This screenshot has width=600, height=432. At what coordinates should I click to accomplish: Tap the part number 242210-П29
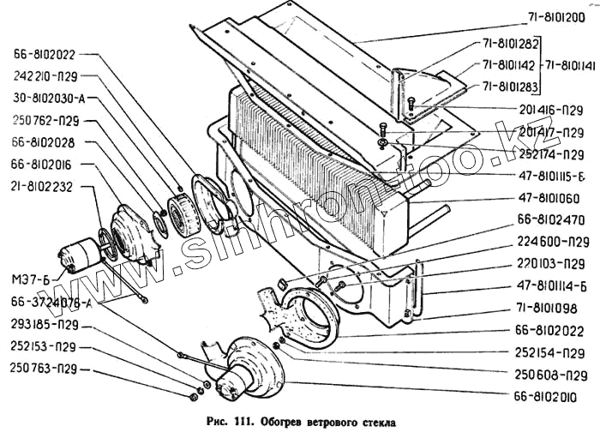[47, 75]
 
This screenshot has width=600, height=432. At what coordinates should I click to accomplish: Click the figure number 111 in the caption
[246, 422]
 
